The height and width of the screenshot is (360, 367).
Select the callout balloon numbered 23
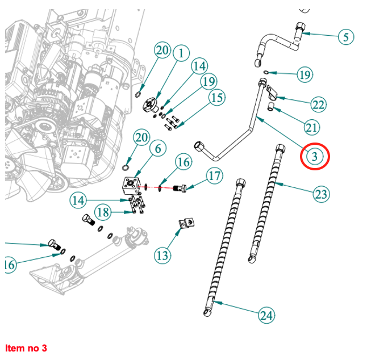tap(321, 194)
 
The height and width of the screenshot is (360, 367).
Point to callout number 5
tap(345, 37)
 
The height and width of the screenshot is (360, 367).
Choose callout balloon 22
tap(318, 104)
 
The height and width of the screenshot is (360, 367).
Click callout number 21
tap(311, 128)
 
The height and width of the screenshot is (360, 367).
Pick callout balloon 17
tap(214, 176)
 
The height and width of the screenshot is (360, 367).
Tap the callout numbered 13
tap(162, 255)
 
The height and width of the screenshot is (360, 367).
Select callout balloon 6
tap(157, 149)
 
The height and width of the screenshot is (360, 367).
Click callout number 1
tap(181, 54)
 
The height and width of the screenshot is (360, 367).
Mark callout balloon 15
tap(216, 98)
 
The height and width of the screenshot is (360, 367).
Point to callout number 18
tap(103, 213)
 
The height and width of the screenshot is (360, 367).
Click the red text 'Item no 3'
tap(26, 348)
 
